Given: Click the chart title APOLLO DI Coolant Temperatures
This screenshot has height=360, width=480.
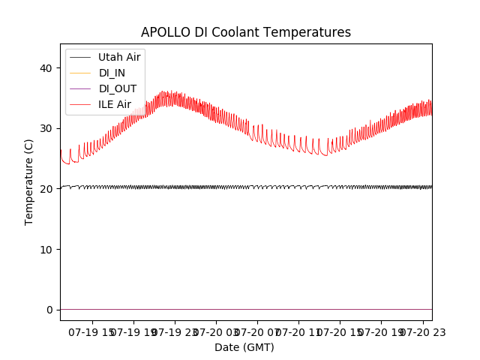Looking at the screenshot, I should click(246, 32).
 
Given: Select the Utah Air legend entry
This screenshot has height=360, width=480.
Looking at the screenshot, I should click(119, 57).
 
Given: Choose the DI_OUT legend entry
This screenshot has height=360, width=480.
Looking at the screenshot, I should click(118, 88).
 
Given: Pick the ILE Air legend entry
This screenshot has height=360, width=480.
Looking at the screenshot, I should click(115, 104).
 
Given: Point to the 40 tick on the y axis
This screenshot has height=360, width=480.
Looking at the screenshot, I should click(46, 68).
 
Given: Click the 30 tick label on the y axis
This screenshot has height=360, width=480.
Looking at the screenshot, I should click(46, 128).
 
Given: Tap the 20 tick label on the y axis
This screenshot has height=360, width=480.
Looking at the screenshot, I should click(46, 189).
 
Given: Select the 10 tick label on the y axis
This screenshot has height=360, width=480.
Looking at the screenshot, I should click(46, 249).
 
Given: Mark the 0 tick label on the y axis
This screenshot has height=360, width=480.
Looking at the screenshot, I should click(49, 310).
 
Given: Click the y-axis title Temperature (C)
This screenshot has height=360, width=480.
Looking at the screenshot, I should click(28, 181).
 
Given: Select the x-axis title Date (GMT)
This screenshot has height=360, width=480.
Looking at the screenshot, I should click(244, 347).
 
